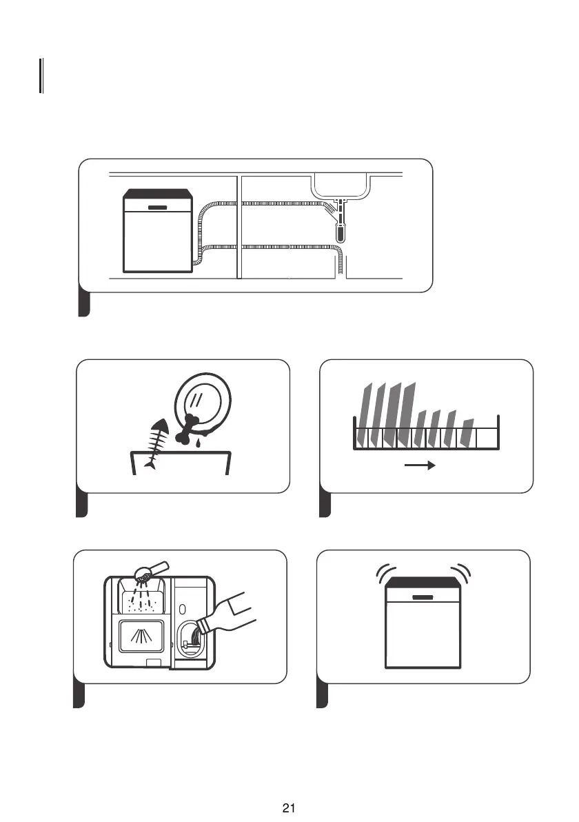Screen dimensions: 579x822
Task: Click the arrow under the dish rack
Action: tap(420, 465)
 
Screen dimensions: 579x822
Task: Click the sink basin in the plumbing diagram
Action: tap(342, 184)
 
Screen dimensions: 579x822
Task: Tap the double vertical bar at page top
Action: tap(41, 76)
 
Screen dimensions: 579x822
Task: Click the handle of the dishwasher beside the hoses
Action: tap(158, 207)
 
